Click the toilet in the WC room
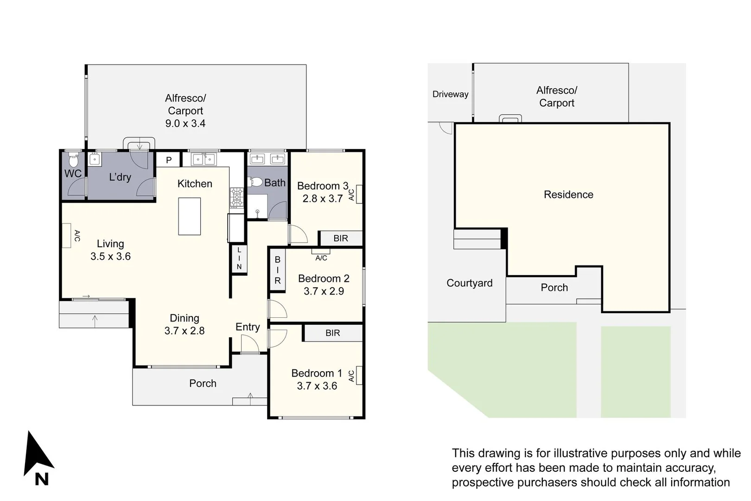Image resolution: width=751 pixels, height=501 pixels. pos(73,161)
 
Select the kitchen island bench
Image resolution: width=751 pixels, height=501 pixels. pos(190,216)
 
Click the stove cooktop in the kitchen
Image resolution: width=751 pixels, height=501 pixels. pos(236,198)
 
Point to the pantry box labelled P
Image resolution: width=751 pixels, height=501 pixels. pos(169,160)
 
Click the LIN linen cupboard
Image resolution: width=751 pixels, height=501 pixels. pos(239,259)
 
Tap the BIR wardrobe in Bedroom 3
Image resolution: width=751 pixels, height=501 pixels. pos(341,238)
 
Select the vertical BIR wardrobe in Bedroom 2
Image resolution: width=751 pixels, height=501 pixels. pos(277,270)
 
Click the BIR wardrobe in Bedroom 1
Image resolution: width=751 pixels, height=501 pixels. pos(332,333)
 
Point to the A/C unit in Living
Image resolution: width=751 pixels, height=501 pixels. pos(66,236)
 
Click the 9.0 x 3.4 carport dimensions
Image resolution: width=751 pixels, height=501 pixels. pos(185,123)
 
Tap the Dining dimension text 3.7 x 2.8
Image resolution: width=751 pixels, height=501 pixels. pos(185,331)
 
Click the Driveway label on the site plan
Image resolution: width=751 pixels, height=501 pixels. pos(450,94)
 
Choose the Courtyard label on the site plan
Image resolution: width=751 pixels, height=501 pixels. pos(469,283)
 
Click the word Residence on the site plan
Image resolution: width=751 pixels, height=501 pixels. pos(568,194)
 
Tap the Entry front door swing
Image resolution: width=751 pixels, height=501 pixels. pos(250,344)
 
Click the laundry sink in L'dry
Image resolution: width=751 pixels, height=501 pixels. pos(95,159)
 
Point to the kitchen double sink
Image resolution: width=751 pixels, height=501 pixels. pos(204,159)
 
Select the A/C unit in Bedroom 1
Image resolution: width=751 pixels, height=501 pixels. pos(358,375)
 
